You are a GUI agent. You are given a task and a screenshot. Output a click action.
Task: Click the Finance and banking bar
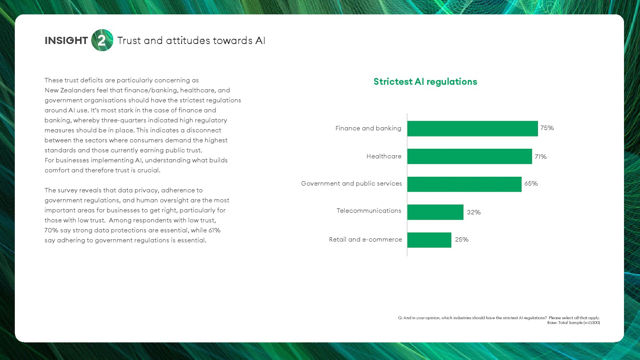[x=472, y=128]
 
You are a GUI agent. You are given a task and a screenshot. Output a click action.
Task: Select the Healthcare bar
[x=470, y=156]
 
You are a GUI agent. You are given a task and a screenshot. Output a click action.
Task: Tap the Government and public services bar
[x=464, y=184]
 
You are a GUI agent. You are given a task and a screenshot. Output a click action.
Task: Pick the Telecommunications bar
[x=436, y=212]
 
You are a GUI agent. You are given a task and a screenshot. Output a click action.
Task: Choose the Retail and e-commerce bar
[x=429, y=240]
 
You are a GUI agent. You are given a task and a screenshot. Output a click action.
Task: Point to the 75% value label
[x=547, y=128]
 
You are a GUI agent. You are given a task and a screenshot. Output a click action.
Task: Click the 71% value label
[x=540, y=156]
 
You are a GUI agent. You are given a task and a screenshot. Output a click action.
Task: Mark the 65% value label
[x=531, y=184]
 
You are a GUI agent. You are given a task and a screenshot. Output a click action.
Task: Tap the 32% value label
[x=474, y=212]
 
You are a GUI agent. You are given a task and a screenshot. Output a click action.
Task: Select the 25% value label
[x=462, y=240]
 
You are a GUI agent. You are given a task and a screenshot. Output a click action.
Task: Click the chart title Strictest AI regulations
[x=425, y=82]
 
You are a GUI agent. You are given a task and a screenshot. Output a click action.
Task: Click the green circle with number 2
[x=102, y=40]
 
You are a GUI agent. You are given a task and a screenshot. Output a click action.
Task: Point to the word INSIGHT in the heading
[x=66, y=40]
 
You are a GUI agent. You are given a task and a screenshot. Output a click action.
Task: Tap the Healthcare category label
[x=384, y=156]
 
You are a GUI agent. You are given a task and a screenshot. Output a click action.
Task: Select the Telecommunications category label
[x=369, y=210]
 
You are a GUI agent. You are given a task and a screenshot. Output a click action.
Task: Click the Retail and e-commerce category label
[x=366, y=240]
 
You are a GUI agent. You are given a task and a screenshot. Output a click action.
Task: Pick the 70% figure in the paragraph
[x=51, y=230]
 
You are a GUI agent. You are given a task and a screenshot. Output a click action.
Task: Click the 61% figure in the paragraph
[x=214, y=230]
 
